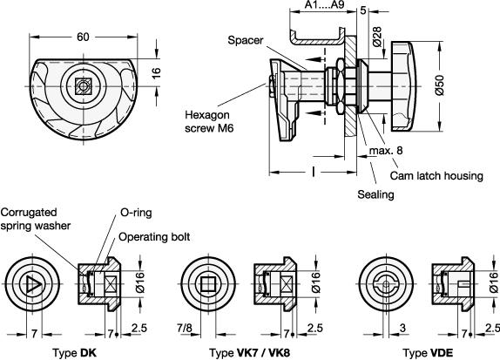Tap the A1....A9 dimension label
tap(323, 6)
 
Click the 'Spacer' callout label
tap(246, 40)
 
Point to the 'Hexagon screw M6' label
tap(210, 119)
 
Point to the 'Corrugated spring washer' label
tap(36, 219)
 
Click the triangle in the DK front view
tap(32, 284)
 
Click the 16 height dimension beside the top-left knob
tap(158, 75)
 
